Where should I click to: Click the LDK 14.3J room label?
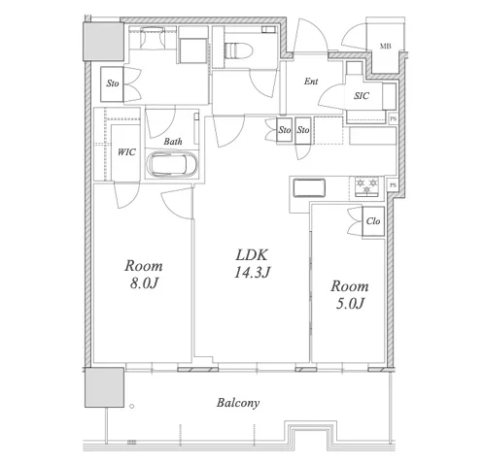click(x=252, y=264)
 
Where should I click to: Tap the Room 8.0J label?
click(x=144, y=275)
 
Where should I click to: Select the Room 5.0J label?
click(x=350, y=295)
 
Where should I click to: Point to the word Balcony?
click(x=238, y=403)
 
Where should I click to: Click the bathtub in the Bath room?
click(x=171, y=164)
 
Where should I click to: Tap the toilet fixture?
click(x=238, y=50)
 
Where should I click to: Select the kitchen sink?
click(x=309, y=187)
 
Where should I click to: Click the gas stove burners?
click(x=367, y=186)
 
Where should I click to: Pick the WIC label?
click(x=126, y=152)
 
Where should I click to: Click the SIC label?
click(x=362, y=96)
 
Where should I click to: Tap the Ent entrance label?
click(x=311, y=82)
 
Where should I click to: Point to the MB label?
click(x=385, y=47)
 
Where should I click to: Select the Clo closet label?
click(x=373, y=221)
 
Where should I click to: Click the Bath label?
click(x=173, y=142)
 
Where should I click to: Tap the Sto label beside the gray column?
click(x=113, y=83)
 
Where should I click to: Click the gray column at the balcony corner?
click(x=104, y=387)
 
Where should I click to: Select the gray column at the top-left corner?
click(x=104, y=41)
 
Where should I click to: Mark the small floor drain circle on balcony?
click(x=131, y=406)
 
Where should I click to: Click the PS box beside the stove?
click(x=393, y=185)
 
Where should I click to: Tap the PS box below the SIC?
click(x=393, y=118)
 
